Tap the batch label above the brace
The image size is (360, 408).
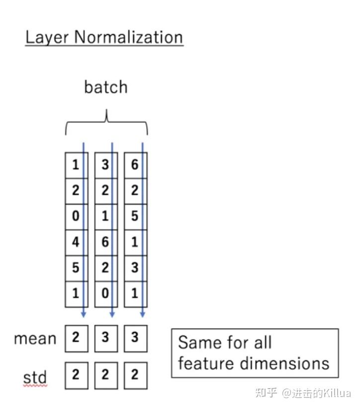click(106, 87)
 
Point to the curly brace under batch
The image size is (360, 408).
click(106, 122)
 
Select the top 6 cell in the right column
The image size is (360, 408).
click(135, 165)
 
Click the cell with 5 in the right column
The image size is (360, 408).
click(135, 216)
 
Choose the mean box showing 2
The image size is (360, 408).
click(76, 338)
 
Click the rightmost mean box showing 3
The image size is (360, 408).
click(135, 338)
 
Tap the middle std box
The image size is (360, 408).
click(105, 375)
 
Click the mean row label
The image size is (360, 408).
click(35, 339)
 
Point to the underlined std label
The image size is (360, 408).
click(35, 377)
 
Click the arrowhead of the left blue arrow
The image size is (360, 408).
click(84, 314)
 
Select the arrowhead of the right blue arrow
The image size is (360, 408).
click(143, 314)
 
